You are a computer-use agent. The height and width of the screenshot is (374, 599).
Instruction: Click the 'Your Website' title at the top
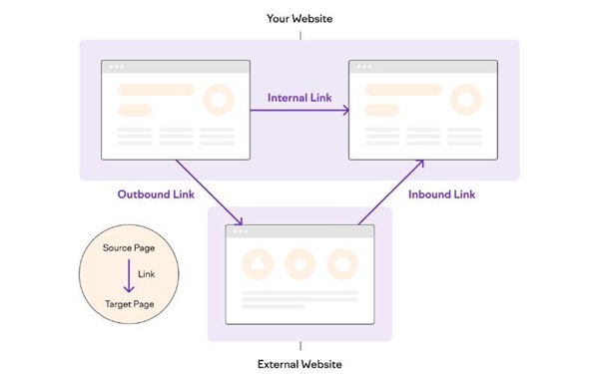point(300,19)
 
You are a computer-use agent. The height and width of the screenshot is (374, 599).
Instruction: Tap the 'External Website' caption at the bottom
point(300,364)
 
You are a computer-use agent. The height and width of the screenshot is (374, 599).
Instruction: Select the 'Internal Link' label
point(299,98)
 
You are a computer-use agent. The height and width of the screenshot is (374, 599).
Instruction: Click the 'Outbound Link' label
point(149,193)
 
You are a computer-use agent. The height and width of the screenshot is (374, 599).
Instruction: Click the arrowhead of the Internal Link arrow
point(345,110)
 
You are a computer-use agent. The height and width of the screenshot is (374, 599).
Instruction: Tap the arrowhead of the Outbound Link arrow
point(241,221)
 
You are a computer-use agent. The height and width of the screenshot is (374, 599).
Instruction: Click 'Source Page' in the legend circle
point(129,247)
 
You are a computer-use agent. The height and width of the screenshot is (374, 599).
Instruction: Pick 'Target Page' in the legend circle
point(129,302)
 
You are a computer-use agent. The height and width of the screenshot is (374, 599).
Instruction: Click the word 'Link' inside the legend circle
point(147,273)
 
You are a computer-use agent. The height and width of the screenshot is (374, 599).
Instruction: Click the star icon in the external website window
point(299,264)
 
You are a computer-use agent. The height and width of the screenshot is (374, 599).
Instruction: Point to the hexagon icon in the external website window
point(342,264)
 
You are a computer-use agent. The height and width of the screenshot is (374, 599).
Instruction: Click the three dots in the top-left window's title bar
point(116,67)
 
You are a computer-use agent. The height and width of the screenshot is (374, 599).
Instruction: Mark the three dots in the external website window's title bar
point(240,231)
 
